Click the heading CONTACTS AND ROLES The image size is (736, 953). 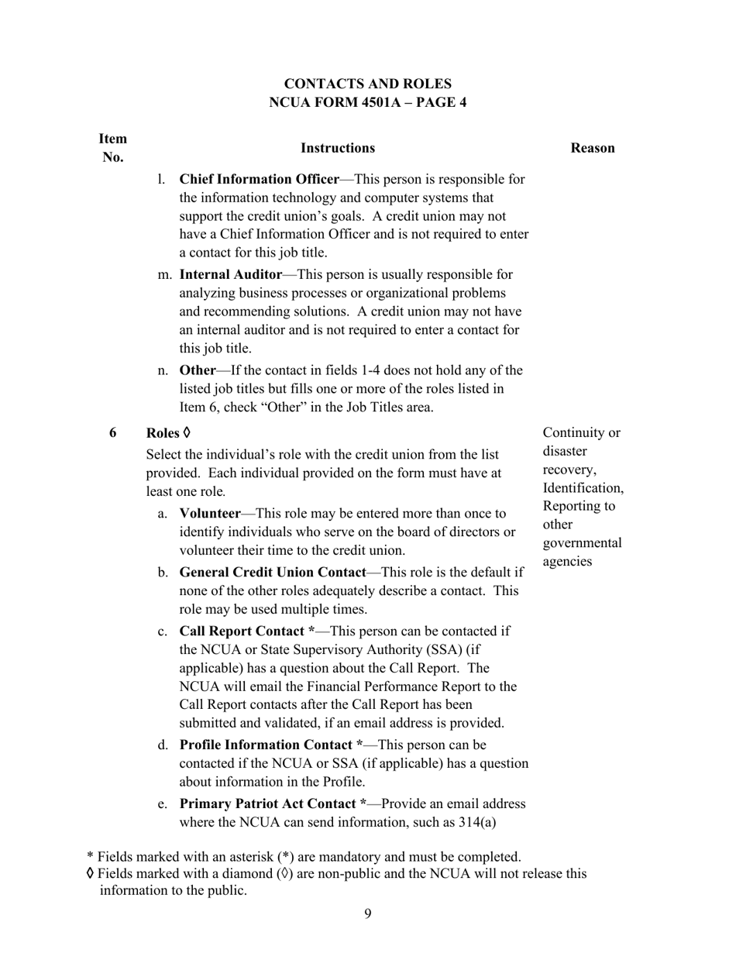point(367,84)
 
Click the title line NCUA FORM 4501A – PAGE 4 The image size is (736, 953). point(367,102)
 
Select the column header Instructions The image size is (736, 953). point(337,148)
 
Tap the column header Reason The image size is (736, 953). point(593,148)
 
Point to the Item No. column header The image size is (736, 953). point(113,148)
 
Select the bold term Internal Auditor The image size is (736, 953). point(230,274)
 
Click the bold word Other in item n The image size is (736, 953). point(197,370)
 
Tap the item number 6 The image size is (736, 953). point(113,433)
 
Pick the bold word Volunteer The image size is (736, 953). point(209,514)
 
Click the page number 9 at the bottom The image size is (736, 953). point(367,914)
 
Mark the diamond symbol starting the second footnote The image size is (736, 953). point(91,874)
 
